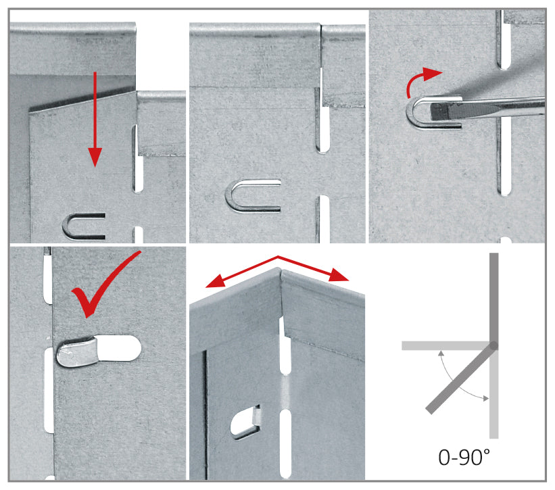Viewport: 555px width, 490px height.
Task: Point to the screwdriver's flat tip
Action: coord(436,112)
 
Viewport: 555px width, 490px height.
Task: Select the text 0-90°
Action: coord(464,457)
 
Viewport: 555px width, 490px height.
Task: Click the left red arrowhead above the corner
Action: coord(216,282)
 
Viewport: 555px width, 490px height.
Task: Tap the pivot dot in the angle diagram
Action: coord(493,345)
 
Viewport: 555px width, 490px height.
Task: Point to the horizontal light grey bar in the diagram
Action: coord(445,345)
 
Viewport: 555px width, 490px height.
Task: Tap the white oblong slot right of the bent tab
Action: coord(119,349)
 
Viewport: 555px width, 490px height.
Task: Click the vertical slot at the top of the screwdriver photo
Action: coord(504,39)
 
